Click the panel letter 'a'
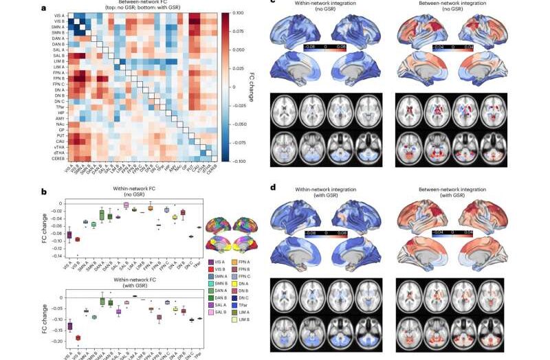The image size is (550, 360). coord(43,8)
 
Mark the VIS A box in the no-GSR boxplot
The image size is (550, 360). coord(69,236)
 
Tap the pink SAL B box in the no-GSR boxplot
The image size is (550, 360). coord(126,205)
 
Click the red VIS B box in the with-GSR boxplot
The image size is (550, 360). coord(77,338)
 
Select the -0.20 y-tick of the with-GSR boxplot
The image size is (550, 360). coord(52,341)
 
